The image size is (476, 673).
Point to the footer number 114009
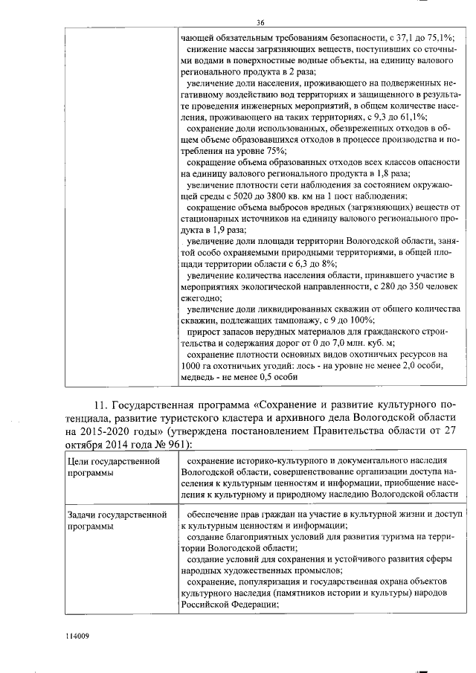[x=77, y=636]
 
